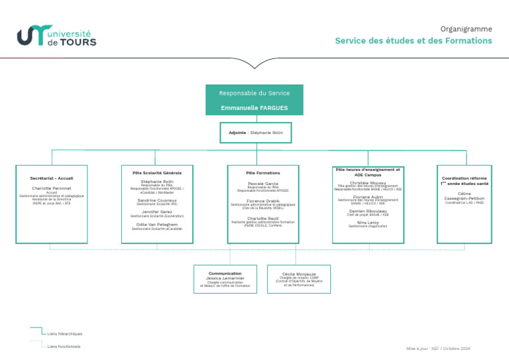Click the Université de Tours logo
pos(56,36)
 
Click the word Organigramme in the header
pos(466,29)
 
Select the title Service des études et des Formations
pos(413,41)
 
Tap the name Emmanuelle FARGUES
pos(254,107)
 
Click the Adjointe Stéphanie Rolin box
pos(255,133)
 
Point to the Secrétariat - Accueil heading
pos(52,178)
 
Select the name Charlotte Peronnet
pos(52,188)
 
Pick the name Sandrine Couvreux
pos(157,200)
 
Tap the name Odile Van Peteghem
pos(157,224)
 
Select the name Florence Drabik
pos(263,200)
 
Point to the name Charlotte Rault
pos(263,217)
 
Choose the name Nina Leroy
pos(368,222)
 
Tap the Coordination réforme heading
pos(464,178)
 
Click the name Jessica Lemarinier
pos(225,278)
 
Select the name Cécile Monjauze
pos(299,273)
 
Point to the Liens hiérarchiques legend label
pos(65,333)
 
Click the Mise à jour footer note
pos(438,348)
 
